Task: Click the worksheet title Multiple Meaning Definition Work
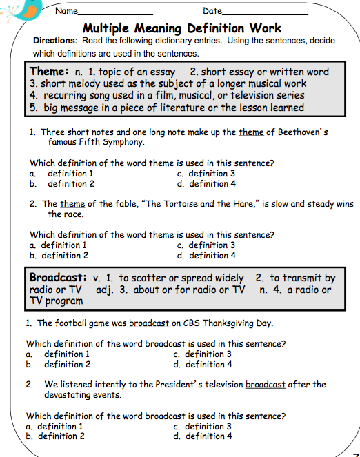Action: [x=181, y=28]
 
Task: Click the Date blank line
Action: [x=265, y=12]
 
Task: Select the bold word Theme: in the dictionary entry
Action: [x=49, y=72]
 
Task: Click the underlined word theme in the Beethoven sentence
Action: [x=250, y=132]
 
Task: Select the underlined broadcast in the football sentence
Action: [x=148, y=323]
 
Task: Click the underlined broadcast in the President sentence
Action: [x=265, y=385]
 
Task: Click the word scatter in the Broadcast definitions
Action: [x=150, y=278]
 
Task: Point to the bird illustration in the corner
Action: [x=15, y=10]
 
